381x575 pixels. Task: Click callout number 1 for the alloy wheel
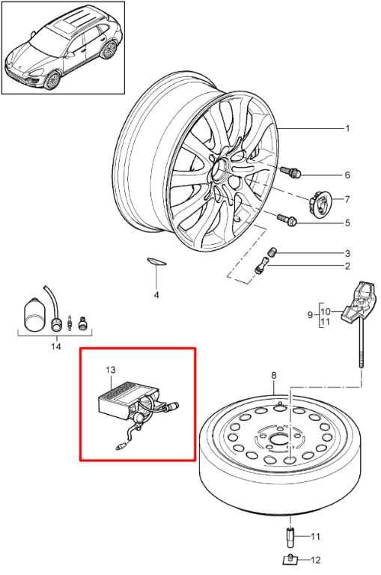[347, 128]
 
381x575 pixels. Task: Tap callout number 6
[347, 175]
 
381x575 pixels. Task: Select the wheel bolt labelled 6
[290, 171]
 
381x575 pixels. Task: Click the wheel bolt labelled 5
[287, 219]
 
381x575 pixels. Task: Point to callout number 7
[347, 199]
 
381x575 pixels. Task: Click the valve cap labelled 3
[272, 252]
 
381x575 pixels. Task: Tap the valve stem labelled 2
[261, 265]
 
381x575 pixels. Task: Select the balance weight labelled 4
[157, 261]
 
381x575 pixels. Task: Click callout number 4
[156, 295]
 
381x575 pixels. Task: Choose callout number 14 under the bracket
[55, 346]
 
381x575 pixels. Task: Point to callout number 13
[110, 370]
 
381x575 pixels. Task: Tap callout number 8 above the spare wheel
[273, 375]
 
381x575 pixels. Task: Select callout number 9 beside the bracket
[310, 314]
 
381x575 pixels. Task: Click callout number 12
[315, 560]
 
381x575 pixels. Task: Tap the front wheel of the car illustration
[52, 80]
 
